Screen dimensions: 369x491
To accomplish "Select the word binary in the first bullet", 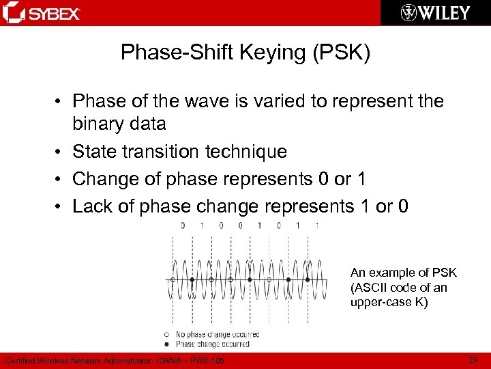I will click(x=105, y=124).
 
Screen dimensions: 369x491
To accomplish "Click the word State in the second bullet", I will click(x=94, y=151).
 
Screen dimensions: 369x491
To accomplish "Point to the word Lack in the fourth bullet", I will click(x=92, y=206).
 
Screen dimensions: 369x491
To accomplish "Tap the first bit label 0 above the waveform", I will click(x=182, y=225).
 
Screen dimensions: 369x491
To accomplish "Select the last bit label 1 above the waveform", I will click(x=317, y=225).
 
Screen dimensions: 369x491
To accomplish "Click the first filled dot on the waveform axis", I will click(x=192, y=279).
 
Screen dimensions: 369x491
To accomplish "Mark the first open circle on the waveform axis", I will click(x=173, y=279).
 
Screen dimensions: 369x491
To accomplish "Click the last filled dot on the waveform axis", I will click(x=308, y=279).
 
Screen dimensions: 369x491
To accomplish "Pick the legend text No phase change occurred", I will click(x=217, y=334).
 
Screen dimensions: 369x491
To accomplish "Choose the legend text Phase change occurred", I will click(x=212, y=344).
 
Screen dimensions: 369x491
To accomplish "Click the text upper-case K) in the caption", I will click(x=389, y=302).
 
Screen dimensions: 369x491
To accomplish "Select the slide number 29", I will click(x=474, y=359).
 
